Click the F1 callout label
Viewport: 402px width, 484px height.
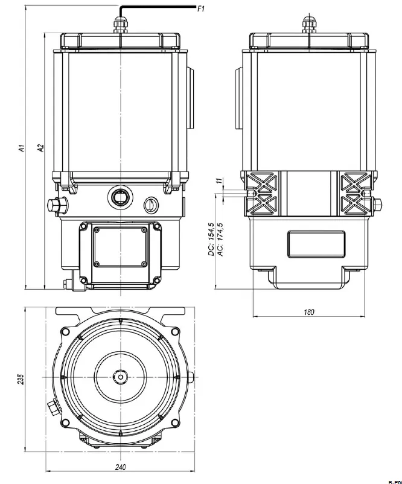coord(202,10)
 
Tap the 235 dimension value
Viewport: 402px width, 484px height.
coord(21,379)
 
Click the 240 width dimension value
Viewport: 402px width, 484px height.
coord(121,467)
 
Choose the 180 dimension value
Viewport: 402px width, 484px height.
coord(308,312)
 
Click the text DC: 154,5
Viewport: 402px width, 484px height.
coord(211,239)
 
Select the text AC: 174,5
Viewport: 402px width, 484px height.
coord(221,239)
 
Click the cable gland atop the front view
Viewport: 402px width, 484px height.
coord(121,24)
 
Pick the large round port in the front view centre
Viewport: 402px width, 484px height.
coord(120,196)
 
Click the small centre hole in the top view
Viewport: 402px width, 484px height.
coord(121,377)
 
